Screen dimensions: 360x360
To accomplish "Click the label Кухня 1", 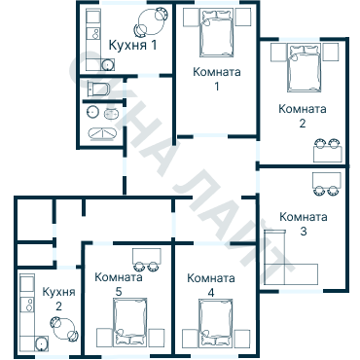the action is (x=132, y=45).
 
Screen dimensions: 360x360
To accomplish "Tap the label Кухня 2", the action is (x=58, y=299).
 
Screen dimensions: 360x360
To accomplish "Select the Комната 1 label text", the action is (x=217, y=79).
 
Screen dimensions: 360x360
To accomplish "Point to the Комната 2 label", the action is (x=303, y=116).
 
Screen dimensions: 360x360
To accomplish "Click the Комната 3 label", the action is (x=304, y=224).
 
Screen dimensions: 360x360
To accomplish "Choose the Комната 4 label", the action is (x=211, y=285).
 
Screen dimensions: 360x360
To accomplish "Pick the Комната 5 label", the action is (x=119, y=284).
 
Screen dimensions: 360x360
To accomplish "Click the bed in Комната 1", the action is (x=217, y=32).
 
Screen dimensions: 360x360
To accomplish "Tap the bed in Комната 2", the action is (x=304, y=67).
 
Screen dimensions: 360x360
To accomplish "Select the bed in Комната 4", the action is (x=216, y=322).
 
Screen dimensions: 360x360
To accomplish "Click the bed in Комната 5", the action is (x=130, y=322).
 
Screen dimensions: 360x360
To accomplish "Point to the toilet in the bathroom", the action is (x=98, y=89).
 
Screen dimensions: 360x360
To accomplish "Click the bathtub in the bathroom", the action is (x=102, y=134).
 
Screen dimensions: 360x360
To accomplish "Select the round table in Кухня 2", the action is (x=63, y=328).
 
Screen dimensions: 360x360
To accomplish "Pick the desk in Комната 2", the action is (x=328, y=154).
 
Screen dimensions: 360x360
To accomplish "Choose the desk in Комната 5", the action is (x=147, y=256).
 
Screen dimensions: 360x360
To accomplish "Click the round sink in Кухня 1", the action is (x=107, y=65).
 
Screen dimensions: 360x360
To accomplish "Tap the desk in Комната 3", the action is (x=327, y=180).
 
